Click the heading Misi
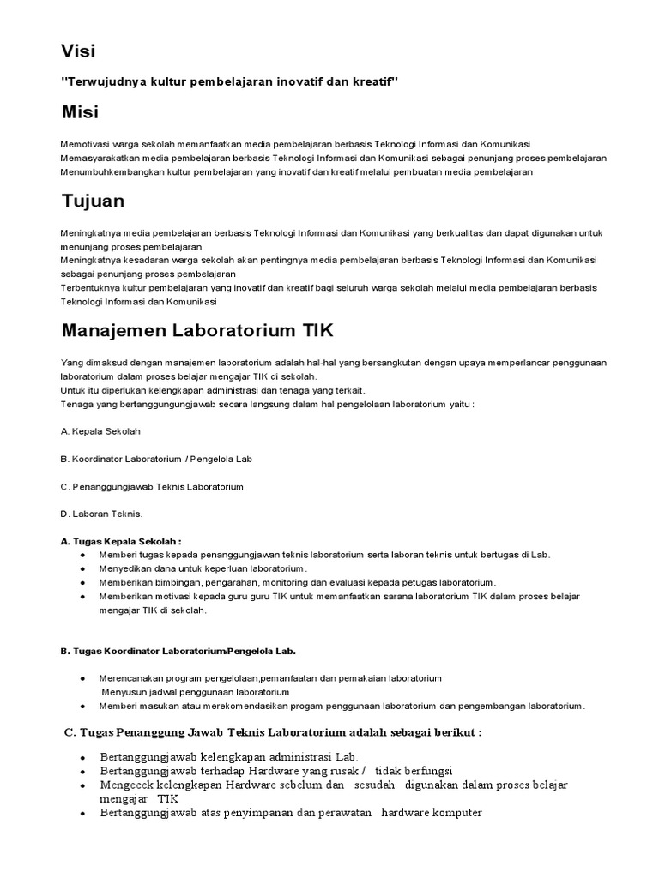coord(79,111)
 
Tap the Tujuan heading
coord(94,201)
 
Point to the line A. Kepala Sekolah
coord(100,431)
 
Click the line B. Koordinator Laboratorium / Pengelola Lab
coord(156,459)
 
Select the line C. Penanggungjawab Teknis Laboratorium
coord(152,486)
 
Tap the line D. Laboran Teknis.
coord(101,514)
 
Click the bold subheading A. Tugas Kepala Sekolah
coord(121,541)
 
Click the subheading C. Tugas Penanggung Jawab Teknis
coord(273,733)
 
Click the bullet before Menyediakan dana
coord(82,568)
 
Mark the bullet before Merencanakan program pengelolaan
coord(82,678)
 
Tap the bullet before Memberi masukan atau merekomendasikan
coord(82,706)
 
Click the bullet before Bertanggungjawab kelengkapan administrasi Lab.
coord(82,758)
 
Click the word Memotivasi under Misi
coord(86,144)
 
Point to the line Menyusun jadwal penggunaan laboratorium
coord(195,692)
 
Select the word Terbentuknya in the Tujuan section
coord(89,288)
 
